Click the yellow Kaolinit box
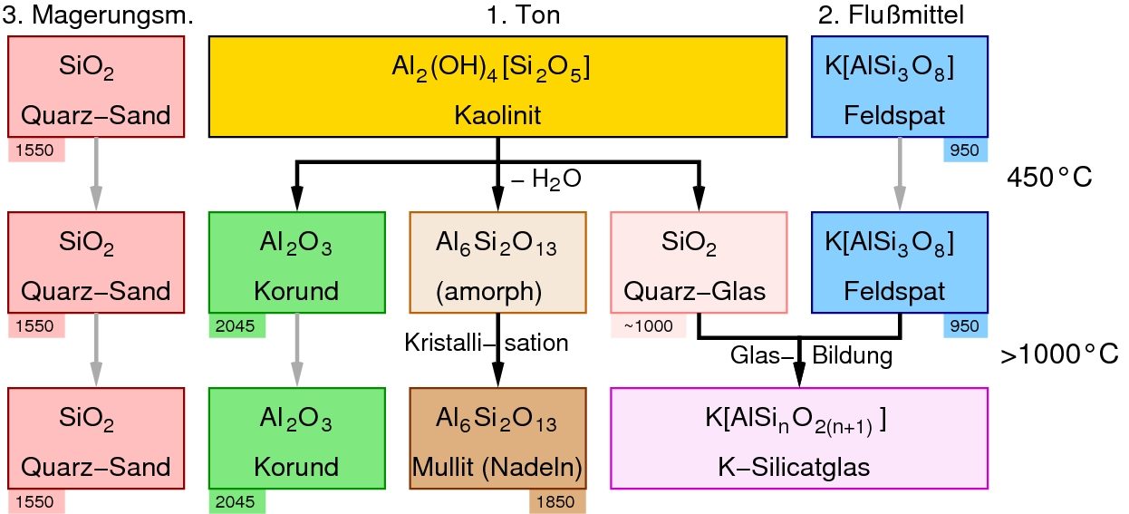tap(497, 87)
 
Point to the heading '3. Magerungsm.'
tap(99, 15)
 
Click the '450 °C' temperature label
tap(1049, 179)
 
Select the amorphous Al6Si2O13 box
tap(497, 262)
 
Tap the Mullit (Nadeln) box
tap(497, 438)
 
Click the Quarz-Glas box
tap(699, 262)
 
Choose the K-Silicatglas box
tap(798, 438)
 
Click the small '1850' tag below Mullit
tap(556, 501)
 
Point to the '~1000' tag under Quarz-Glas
tap(648, 326)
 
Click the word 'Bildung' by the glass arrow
tap(852, 356)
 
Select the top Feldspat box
tap(899, 87)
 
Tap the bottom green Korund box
tap(297, 438)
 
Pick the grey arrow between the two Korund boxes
tap(297, 350)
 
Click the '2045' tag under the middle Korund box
tap(236, 326)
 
